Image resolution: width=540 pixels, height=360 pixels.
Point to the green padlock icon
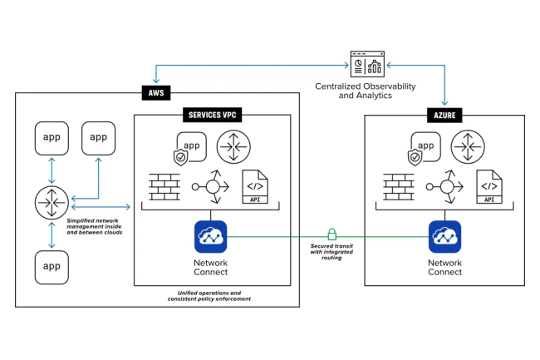tap(331, 234)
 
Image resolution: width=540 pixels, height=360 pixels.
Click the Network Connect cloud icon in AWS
tap(211, 236)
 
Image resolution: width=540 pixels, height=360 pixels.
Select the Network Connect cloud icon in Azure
tap(445, 236)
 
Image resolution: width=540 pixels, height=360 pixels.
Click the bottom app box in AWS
tap(51, 268)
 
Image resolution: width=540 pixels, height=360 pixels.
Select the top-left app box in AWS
tap(51, 137)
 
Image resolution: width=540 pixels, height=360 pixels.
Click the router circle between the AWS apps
tap(51, 203)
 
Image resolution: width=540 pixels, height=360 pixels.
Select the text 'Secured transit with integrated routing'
tap(331, 251)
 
